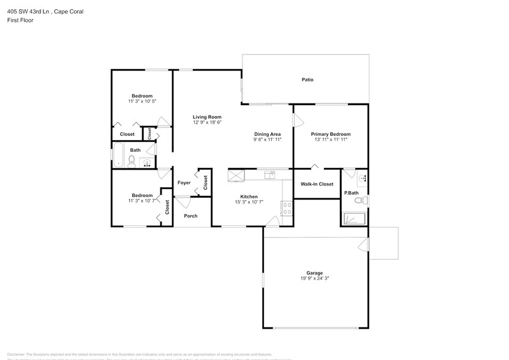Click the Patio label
pos(307,80)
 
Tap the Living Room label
pos(207,117)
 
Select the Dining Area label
pos(268,134)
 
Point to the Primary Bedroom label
pos(330,134)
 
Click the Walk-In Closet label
pos(317,184)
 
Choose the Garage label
pos(315,273)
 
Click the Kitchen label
pos(248,197)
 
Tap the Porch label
pos(191,216)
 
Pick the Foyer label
pos(184,182)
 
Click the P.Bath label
pos(351,193)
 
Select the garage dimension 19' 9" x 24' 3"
pos(315,279)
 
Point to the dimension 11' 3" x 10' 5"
pos(142,102)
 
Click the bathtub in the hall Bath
pos(118,155)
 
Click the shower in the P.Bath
pos(354,218)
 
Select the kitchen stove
pos(286,208)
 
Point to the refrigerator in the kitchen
pos(236,176)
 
